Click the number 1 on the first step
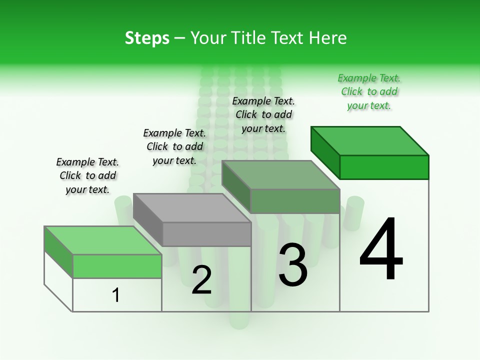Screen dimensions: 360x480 116,295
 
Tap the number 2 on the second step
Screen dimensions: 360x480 201,280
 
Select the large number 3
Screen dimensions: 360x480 292,265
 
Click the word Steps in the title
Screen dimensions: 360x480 147,38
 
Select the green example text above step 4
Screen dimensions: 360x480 369,92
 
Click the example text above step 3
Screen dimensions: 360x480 263,114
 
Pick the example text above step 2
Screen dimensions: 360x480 174,146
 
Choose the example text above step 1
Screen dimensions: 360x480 87,175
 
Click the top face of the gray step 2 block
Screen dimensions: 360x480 192,207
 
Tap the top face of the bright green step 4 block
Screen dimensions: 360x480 370,140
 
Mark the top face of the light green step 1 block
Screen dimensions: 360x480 103,240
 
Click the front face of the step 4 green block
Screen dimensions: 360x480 384,167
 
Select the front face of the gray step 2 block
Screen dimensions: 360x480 207,234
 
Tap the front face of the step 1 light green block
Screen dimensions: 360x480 117,266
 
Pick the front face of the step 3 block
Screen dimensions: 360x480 295,201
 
